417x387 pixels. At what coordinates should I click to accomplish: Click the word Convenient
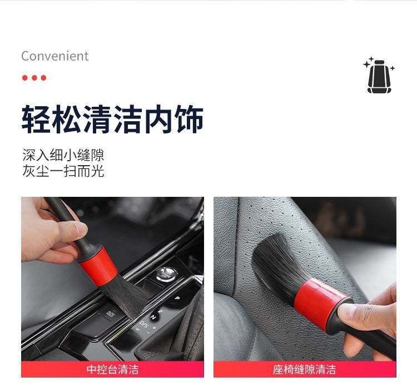pyautogui.click(x=54, y=56)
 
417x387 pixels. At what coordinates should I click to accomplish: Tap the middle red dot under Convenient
pyautogui.click(x=34, y=78)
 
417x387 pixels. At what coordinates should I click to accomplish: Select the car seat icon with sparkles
pyautogui.click(x=379, y=76)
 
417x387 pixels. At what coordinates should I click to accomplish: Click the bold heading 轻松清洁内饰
pyautogui.click(x=112, y=118)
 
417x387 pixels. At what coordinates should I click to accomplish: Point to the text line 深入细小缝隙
pyautogui.click(x=63, y=155)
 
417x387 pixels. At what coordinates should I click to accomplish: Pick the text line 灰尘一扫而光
pyautogui.click(x=63, y=171)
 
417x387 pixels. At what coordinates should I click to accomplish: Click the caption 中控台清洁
pyautogui.click(x=112, y=369)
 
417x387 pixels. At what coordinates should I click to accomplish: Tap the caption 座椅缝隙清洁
pyautogui.click(x=305, y=369)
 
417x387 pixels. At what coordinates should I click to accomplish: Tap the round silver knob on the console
pyautogui.click(x=165, y=273)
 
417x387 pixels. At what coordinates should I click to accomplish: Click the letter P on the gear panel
pyautogui.click(x=177, y=298)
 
